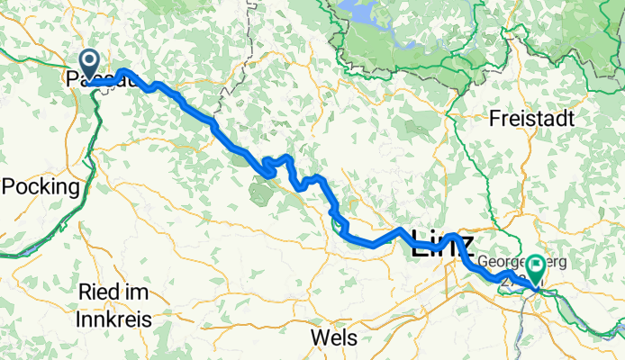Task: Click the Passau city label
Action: [101, 81]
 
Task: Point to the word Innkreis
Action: [114, 319]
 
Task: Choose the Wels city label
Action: [333, 337]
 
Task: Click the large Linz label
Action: [441, 245]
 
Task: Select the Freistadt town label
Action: [532, 118]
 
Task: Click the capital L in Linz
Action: [419, 245]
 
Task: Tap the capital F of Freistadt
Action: [495, 118]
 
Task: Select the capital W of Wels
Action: [317, 337]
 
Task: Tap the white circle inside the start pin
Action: [90, 61]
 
